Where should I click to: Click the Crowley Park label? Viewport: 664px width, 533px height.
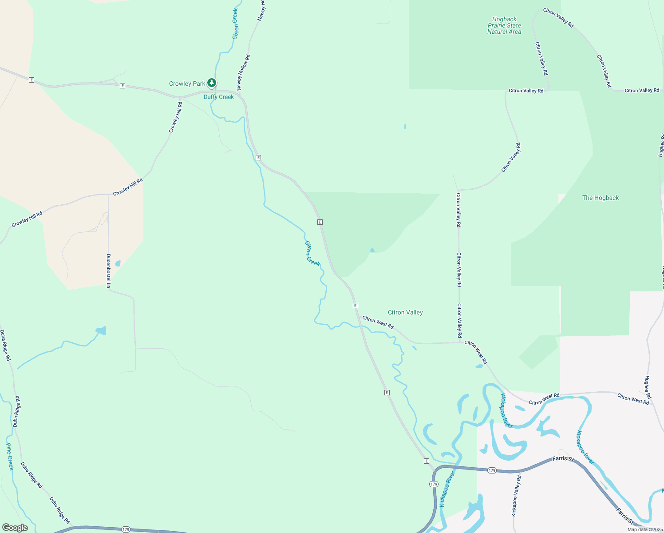click(x=187, y=84)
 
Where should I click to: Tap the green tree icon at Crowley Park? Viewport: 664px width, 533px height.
click(x=212, y=83)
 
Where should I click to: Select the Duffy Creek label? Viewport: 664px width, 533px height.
click(x=218, y=97)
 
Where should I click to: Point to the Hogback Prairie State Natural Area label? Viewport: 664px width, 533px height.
click(x=504, y=26)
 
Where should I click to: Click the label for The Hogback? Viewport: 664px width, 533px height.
click(x=600, y=198)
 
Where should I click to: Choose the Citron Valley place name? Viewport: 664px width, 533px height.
click(x=405, y=312)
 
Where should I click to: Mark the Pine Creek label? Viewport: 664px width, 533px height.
click(x=10, y=456)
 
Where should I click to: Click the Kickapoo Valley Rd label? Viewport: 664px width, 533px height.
click(x=516, y=495)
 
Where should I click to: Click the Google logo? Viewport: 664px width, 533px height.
click(x=15, y=528)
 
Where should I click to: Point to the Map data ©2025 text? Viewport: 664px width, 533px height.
click(x=644, y=529)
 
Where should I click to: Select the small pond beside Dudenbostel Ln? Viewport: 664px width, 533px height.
click(x=118, y=263)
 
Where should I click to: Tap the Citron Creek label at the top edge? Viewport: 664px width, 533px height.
click(x=235, y=23)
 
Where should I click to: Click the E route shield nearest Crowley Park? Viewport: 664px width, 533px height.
click(x=123, y=86)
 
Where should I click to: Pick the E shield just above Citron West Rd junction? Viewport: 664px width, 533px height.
click(x=356, y=306)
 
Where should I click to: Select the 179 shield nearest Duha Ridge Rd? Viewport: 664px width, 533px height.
click(x=126, y=529)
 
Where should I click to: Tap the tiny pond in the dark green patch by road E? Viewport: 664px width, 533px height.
click(x=372, y=251)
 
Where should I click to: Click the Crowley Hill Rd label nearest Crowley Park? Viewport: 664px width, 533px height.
click(x=175, y=117)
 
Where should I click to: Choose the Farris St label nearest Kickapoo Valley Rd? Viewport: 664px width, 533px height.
click(x=563, y=458)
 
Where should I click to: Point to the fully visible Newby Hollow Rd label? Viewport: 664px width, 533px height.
click(x=243, y=72)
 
